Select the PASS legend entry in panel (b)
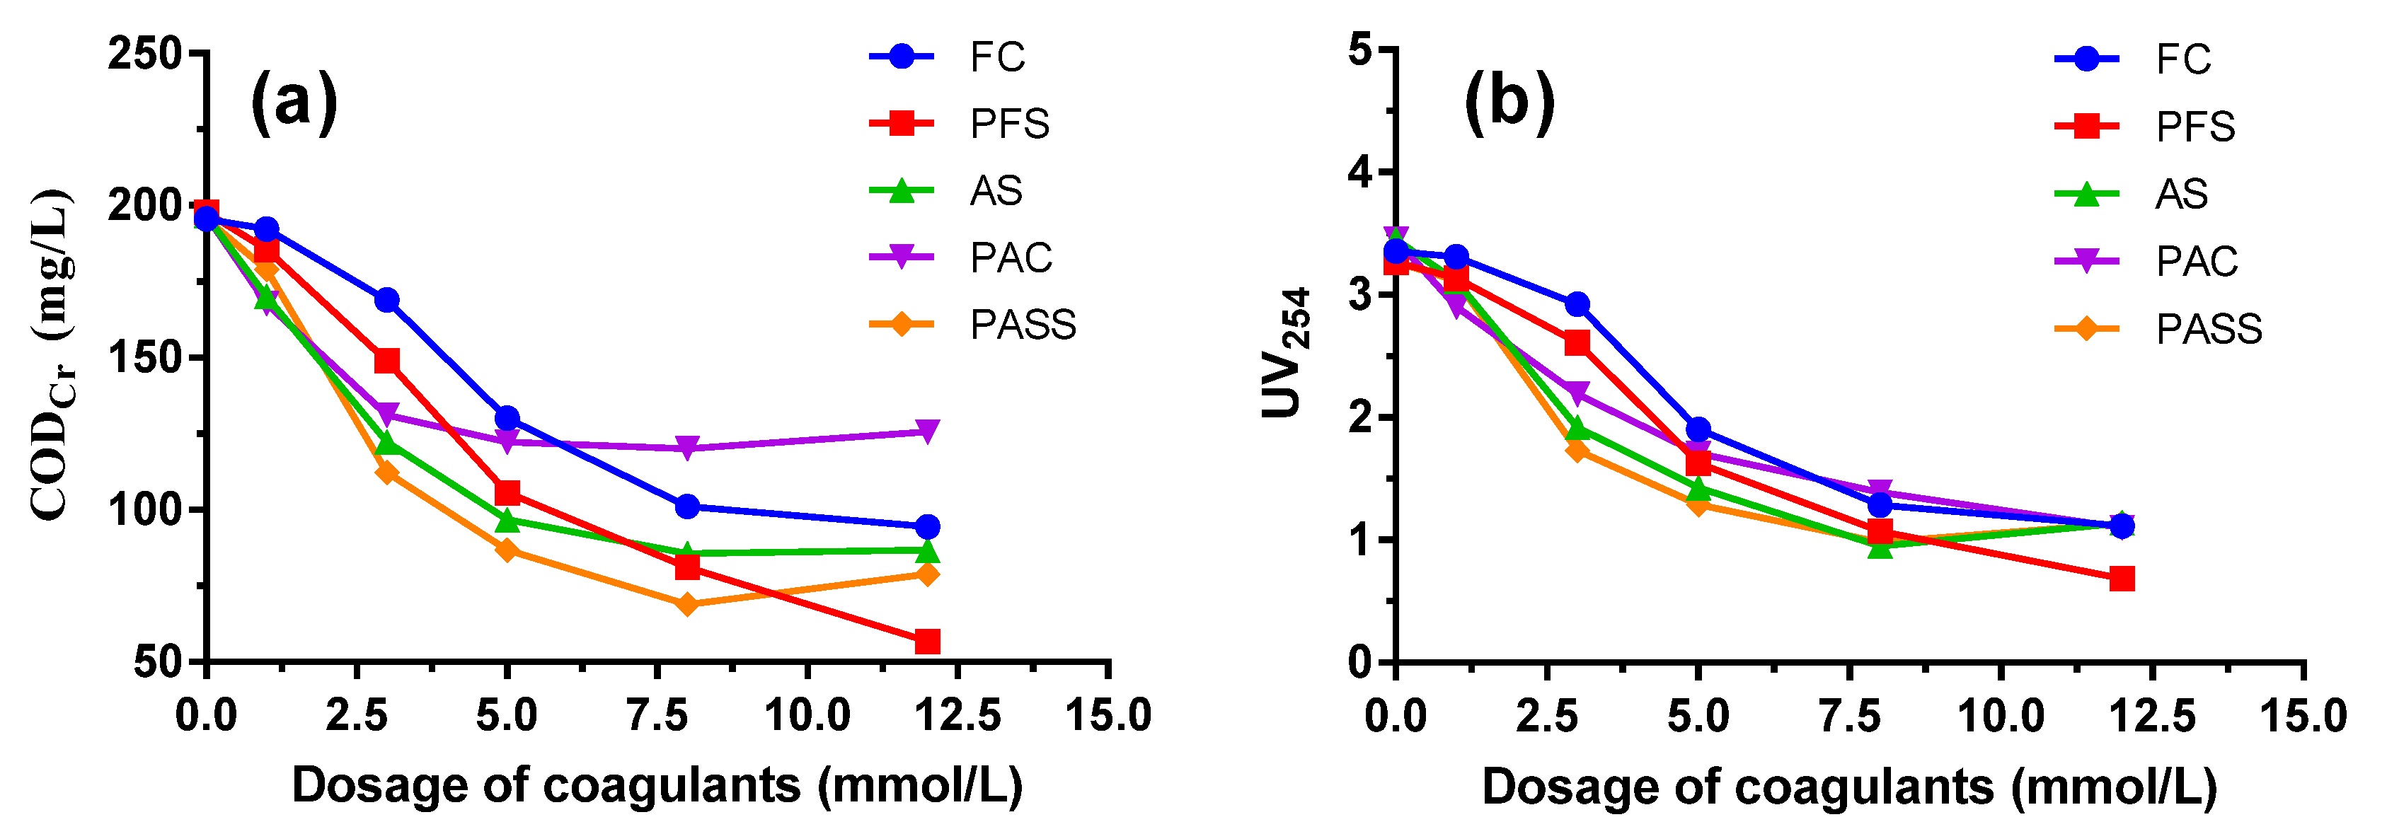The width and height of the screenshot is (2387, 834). click(2207, 329)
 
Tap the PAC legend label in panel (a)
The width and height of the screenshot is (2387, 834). click(1010, 257)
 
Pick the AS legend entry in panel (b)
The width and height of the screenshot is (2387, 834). click(2180, 195)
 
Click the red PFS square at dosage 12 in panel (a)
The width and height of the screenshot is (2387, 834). click(926, 642)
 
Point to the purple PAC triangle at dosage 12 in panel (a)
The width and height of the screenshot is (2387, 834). click(926, 431)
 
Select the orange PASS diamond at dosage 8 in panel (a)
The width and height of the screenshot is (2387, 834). click(686, 605)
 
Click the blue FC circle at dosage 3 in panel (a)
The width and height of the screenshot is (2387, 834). click(386, 300)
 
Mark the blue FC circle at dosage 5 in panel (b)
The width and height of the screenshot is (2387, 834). click(1698, 429)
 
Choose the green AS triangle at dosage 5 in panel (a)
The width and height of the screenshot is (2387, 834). click(507, 521)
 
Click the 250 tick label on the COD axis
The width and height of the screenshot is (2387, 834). click(144, 54)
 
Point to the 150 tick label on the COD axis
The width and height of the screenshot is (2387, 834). click(144, 358)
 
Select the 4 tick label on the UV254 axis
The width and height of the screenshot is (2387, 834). click(1360, 173)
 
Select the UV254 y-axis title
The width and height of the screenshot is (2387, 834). click(1288, 352)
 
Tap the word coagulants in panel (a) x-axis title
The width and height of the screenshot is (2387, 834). click(671, 786)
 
